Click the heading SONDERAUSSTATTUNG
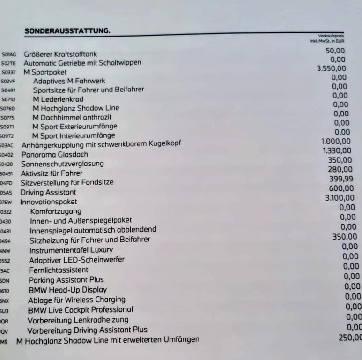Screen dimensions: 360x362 (67, 31)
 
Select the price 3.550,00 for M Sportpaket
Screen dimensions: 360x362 (331, 68)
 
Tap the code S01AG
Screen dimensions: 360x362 (9, 55)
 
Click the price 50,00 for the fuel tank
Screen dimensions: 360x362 (335, 51)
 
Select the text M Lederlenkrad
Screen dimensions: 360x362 (58, 99)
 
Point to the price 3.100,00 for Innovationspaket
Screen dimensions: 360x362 (341, 198)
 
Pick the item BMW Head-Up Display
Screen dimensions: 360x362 (67, 290)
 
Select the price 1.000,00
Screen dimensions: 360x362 (336, 142)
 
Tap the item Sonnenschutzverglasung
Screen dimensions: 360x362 (62, 164)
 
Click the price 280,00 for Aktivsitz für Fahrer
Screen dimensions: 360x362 (340, 169)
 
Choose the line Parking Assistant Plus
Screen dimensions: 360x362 (66, 280)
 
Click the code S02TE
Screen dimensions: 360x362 (9, 64)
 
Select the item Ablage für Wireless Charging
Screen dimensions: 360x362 (76, 300)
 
